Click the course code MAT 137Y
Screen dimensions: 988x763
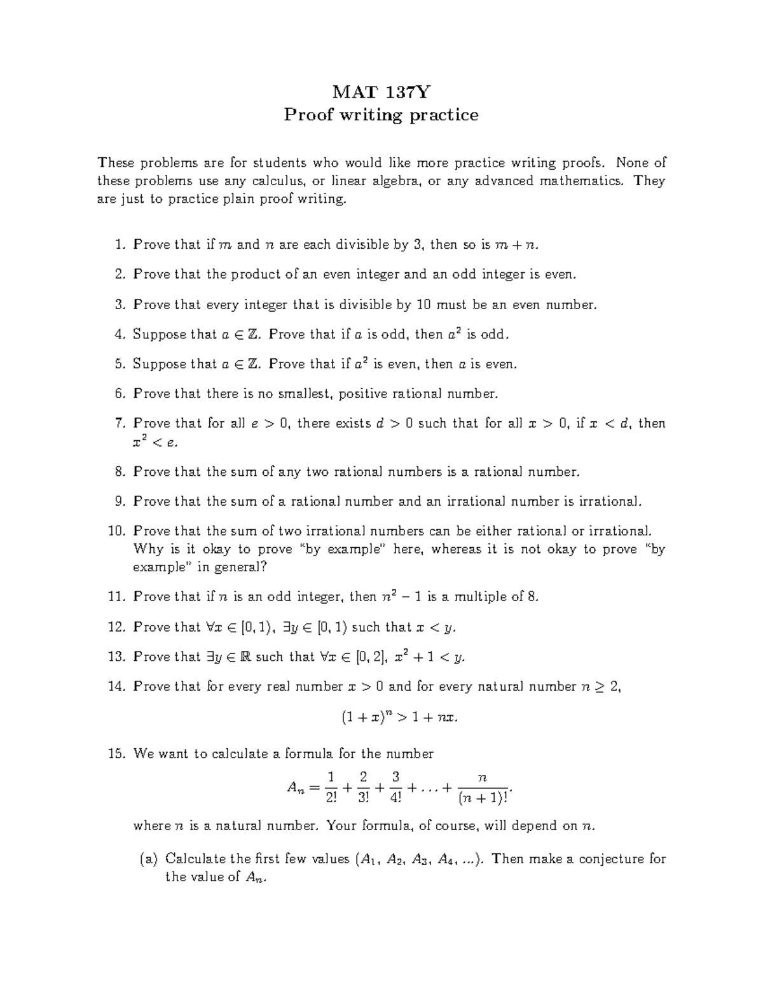tap(381, 92)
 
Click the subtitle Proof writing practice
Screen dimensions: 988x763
tap(381, 115)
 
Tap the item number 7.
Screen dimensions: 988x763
tap(121, 423)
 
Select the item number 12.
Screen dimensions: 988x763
tap(118, 627)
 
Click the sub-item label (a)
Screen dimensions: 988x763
tap(148, 859)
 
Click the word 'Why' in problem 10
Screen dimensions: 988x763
tap(148, 549)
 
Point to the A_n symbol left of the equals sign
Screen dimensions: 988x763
tap(296, 788)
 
